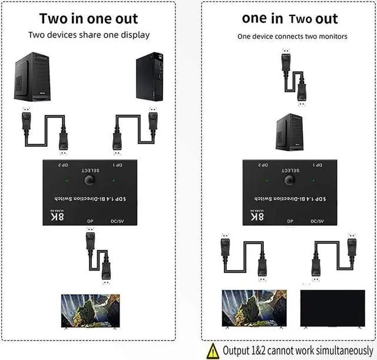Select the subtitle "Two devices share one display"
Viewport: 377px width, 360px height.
click(89, 35)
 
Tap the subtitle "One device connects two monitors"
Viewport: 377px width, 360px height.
click(292, 37)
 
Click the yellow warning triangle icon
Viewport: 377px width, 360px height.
click(213, 351)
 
